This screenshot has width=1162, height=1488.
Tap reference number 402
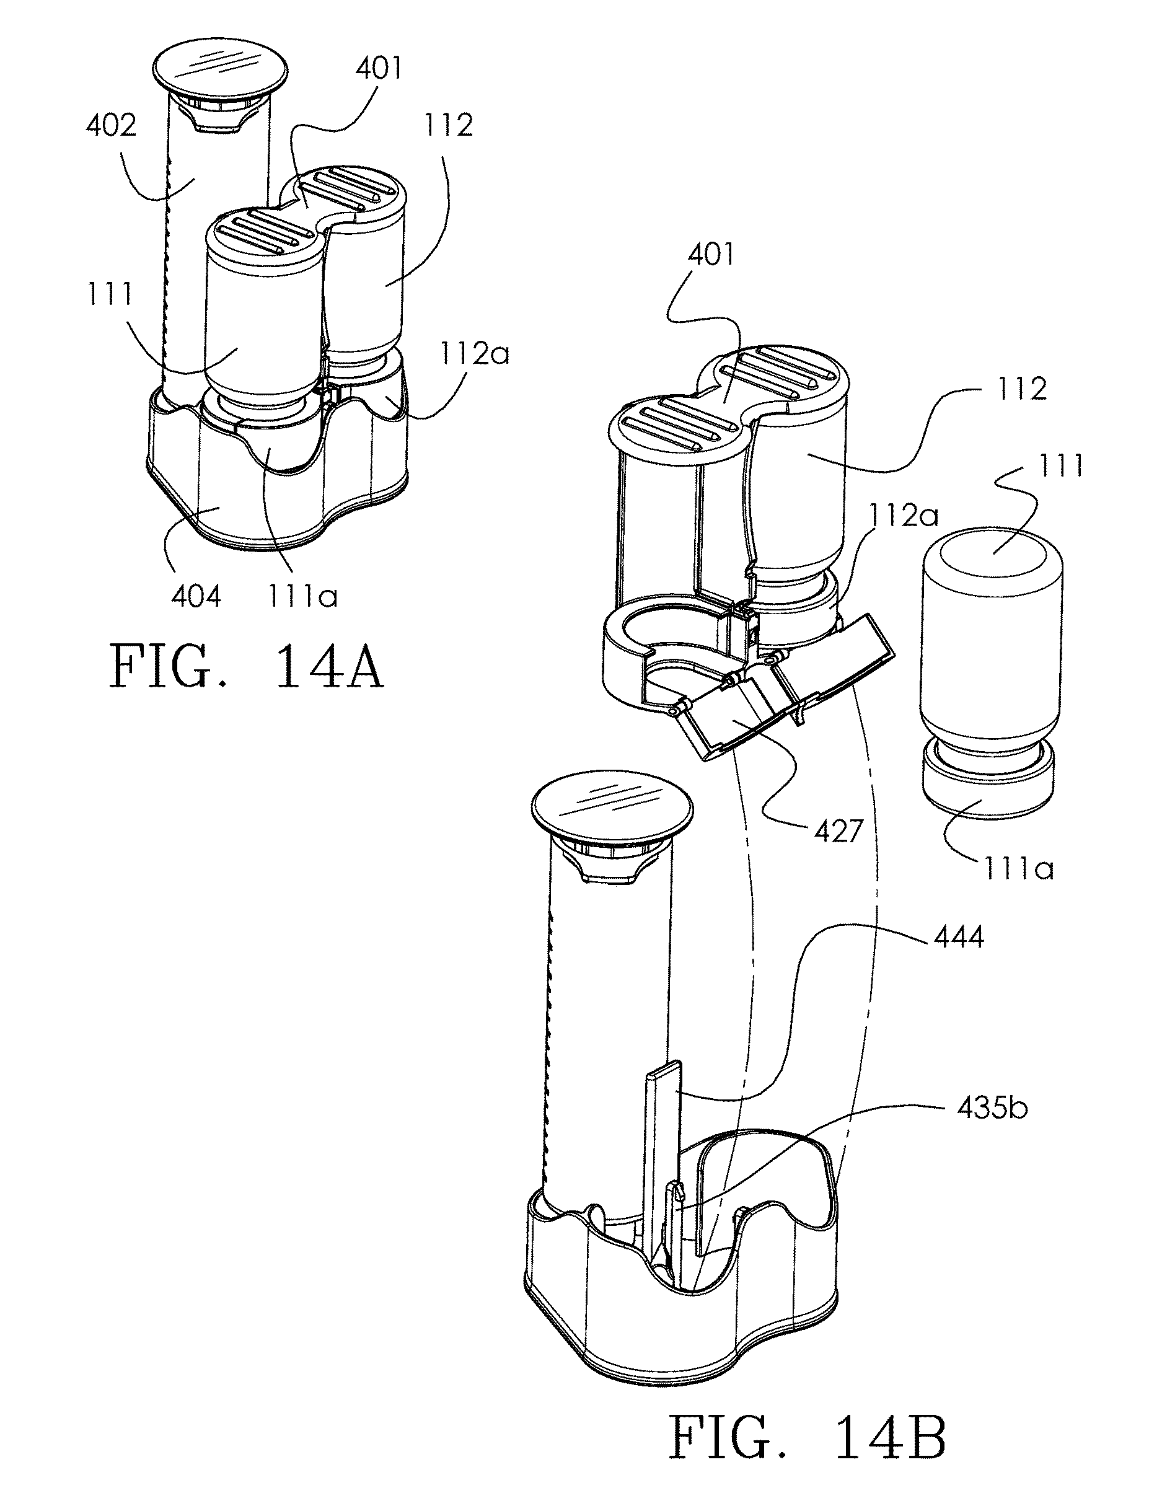(110, 125)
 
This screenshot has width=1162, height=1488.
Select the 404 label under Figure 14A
(196, 597)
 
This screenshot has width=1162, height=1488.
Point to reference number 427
(838, 831)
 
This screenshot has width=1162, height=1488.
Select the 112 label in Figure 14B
(1021, 389)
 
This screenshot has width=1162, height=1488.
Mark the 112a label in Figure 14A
(474, 354)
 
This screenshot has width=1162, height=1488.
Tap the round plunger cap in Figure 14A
(219, 71)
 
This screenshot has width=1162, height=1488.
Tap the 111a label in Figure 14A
(302, 597)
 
